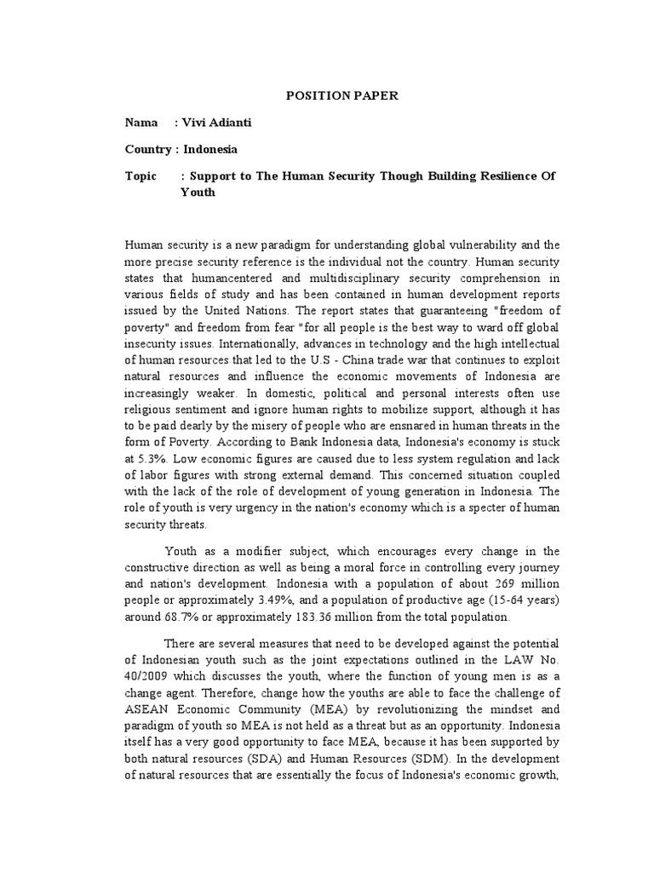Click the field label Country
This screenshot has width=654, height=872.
148,149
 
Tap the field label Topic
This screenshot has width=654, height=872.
141,175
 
